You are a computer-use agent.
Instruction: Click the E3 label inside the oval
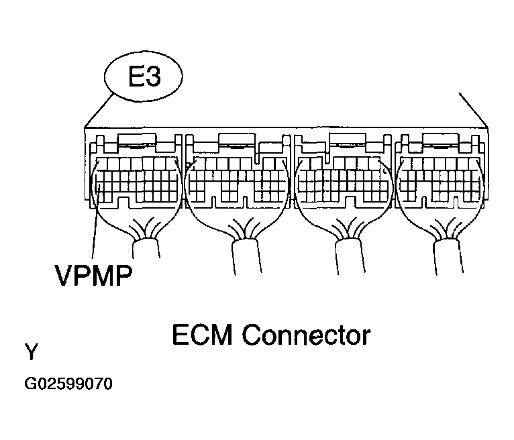point(144,76)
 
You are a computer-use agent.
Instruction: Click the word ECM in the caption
point(202,335)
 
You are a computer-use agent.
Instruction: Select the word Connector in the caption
point(307,335)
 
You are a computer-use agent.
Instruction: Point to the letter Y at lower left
point(32,351)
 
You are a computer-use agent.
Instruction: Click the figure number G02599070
point(68,384)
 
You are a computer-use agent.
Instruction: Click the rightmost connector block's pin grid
point(440,180)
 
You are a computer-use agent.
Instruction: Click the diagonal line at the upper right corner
point(473,110)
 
